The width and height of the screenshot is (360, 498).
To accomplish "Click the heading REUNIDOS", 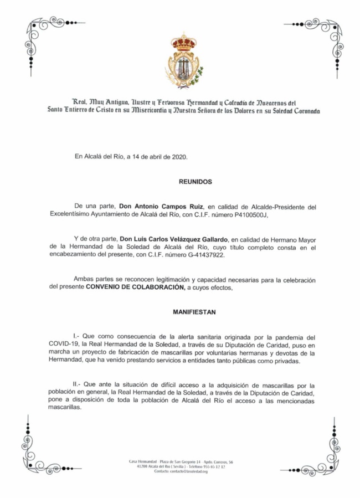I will [x=195, y=181].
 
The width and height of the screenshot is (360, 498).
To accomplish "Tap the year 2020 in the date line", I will [x=179, y=157].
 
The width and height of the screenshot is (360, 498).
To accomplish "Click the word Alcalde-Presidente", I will [x=275, y=206].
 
